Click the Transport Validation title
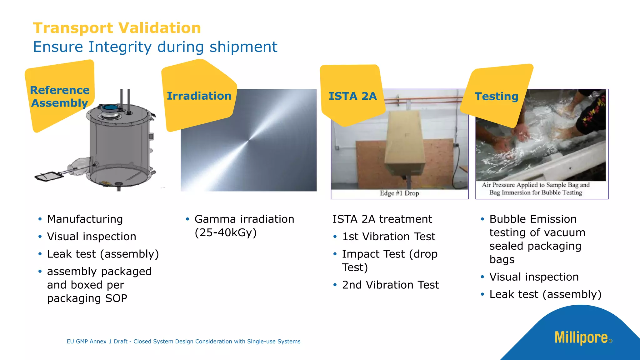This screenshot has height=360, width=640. pos(117,28)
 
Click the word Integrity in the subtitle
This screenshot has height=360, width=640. pos(120,47)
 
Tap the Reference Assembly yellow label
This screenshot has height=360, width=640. pos(59,96)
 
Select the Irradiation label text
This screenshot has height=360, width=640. pos(199,96)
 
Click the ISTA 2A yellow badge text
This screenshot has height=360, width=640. pos(352,96)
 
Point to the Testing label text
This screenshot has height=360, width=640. pos(496,96)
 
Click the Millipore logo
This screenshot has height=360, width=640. pos(581,337)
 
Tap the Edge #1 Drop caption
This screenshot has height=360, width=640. pos(399,193)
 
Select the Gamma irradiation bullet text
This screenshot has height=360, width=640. pos(244,219)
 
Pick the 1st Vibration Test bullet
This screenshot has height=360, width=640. pos(388,237)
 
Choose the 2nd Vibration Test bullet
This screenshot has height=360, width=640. pos(390,285)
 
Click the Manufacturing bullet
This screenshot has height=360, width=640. pos(85,219)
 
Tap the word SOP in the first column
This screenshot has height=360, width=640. pos(116,298)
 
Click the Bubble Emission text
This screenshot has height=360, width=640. pos(533,219)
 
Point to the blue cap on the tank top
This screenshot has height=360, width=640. pos(109,108)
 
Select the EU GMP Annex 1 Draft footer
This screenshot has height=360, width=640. pos(183,342)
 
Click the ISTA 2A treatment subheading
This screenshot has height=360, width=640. pos(382,219)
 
